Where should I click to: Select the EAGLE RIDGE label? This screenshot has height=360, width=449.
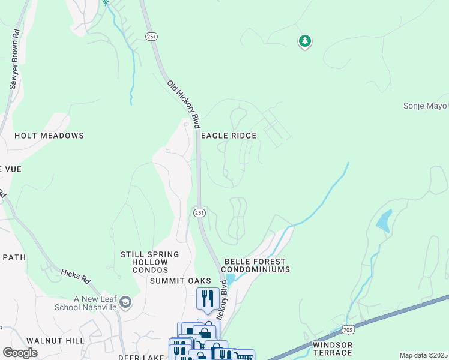[x=229, y=136]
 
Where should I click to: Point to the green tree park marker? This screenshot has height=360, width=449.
[x=306, y=41]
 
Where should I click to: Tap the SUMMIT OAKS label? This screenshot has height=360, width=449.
[x=181, y=281]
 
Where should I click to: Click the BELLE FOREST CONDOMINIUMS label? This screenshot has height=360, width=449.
[x=257, y=266]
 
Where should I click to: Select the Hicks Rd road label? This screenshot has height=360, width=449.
[x=75, y=275]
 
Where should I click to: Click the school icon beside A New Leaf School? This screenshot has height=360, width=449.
[x=125, y=302]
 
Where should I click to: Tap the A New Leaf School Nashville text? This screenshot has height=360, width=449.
[x=95, y=303]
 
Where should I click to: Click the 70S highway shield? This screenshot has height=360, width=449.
[x=348, y=329]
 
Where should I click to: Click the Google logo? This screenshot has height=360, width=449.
[x=20, y=353]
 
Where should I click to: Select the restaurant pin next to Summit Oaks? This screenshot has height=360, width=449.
[x=207, y=298]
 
